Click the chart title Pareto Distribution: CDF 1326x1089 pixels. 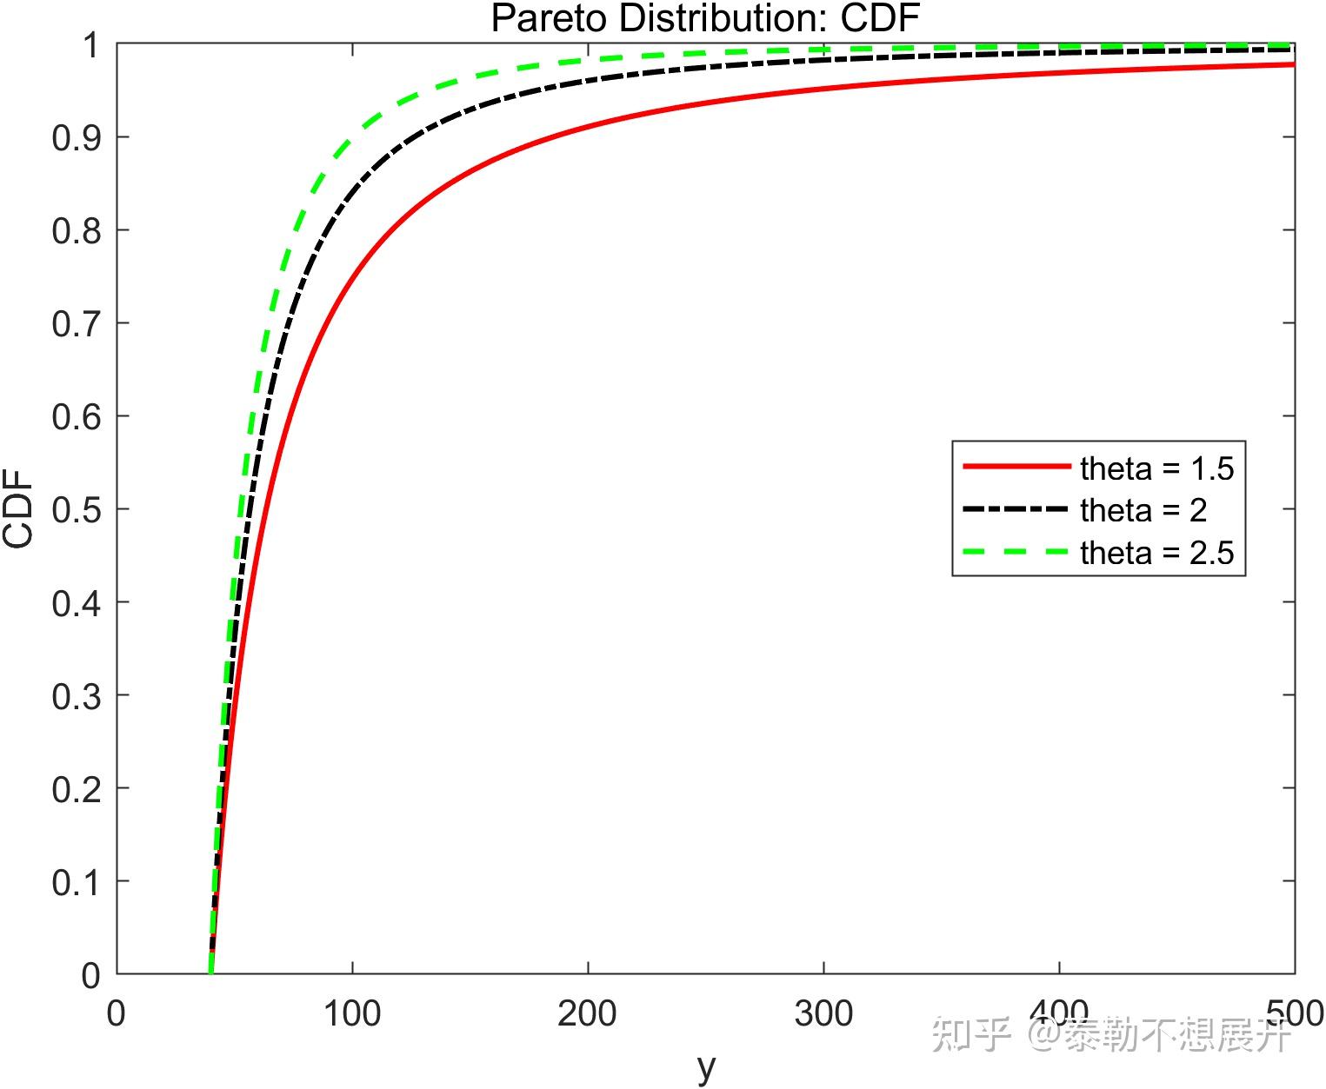coord(705,18)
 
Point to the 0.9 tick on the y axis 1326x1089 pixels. coord(77,137)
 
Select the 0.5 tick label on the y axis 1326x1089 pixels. coord(77,509)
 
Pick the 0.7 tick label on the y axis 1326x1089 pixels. coord(77,323)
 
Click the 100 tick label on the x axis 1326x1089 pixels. coord(352,1013)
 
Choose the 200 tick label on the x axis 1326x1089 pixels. coord(588,1013)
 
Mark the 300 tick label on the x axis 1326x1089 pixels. coord(823,1013)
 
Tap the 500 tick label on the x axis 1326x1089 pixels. coord(1295,1013)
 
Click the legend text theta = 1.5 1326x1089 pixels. coord(1156,468)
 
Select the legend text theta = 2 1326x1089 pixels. coord(1143,510)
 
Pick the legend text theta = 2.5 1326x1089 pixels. coord(1156,553)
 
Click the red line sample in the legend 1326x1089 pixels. coord(1016,468)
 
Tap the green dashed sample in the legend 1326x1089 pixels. coord(1016,552)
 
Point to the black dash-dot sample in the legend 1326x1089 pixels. coord(1016,509)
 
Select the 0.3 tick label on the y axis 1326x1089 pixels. coord(77,695)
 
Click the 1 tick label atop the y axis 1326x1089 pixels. coord(91,45)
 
